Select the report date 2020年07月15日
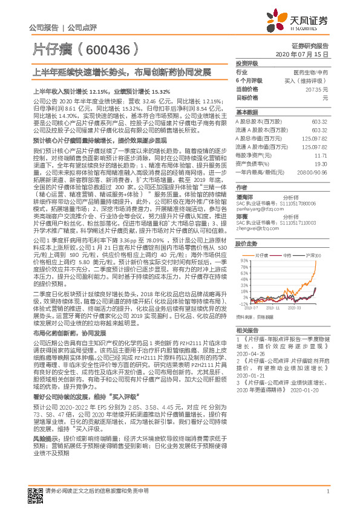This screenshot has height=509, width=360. [308, 54]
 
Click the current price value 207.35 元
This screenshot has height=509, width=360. [318, 89]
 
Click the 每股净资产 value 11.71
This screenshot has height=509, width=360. [321, 155]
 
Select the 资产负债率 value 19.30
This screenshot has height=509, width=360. [321, 163]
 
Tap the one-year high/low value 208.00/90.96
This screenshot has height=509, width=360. [314, 172]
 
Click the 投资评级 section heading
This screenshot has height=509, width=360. [247, 63]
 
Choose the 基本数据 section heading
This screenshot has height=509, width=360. [247, 113]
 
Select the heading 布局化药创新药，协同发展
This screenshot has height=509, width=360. [69, 333]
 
